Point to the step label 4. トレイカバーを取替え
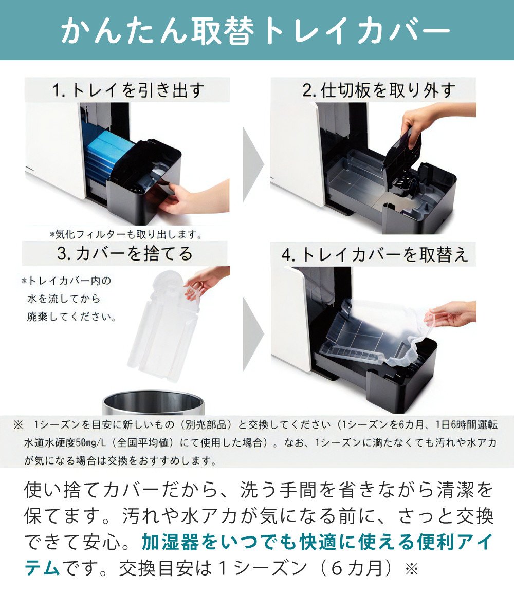click(375, 255)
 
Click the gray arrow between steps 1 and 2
click(252, 163)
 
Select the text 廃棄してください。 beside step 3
click(72, 317)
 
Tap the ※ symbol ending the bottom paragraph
click(413, 569)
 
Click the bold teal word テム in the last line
click(42, 568)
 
